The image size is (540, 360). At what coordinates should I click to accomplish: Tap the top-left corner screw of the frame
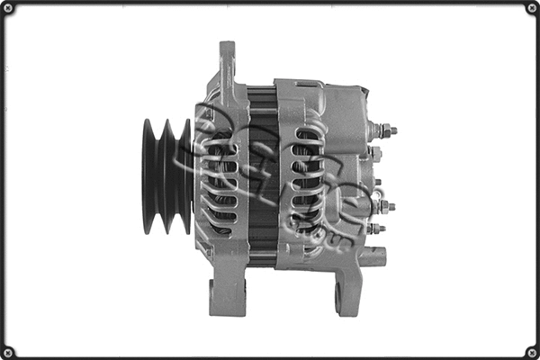tap(8, 8)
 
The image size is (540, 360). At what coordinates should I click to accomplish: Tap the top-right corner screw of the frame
tap(531, 8)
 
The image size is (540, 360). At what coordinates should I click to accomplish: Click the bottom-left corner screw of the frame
tap(8, 351)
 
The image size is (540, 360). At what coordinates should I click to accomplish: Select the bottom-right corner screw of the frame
tap(531, 351)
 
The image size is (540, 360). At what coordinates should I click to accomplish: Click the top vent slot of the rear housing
tap(307, 135)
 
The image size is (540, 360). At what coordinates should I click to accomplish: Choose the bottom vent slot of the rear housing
tap(306, 230)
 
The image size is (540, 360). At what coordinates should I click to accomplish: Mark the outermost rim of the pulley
tap(147, 176)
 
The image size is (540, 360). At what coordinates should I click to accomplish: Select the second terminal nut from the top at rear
tap(375, 154)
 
